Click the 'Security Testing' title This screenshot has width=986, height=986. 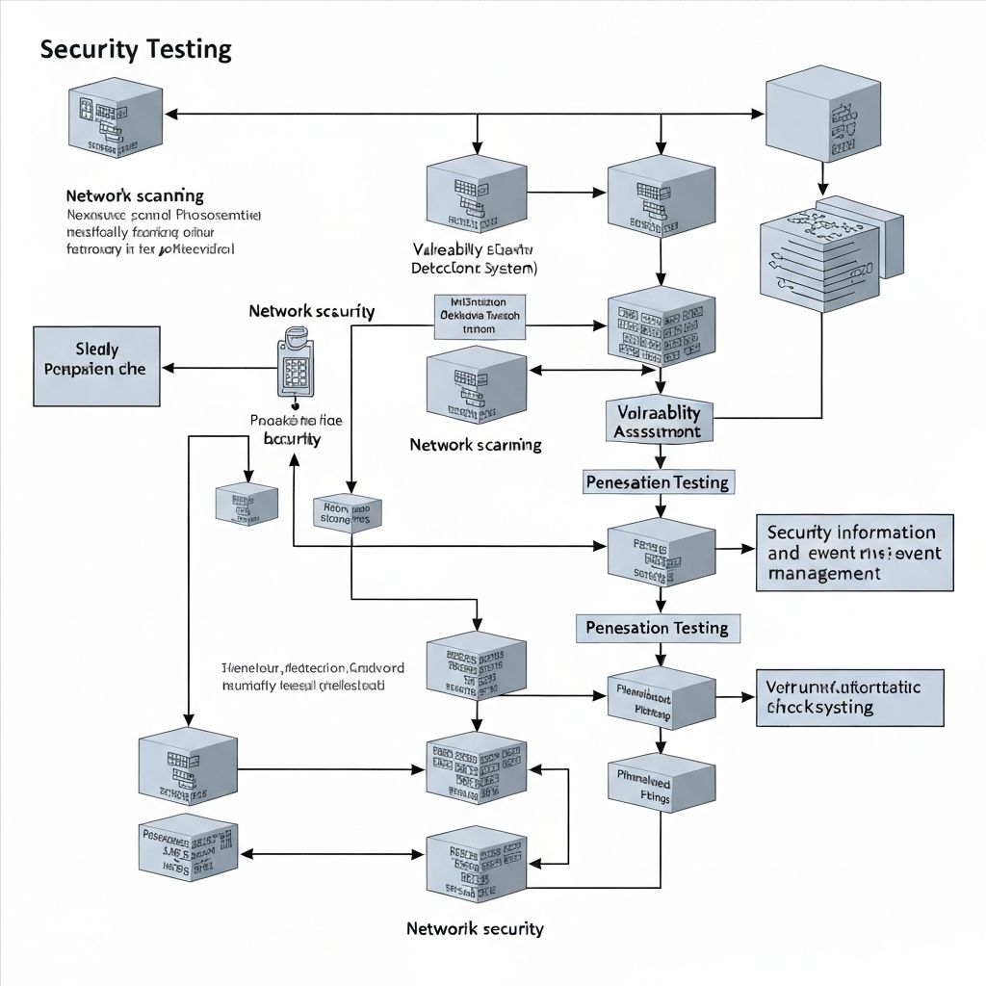136,50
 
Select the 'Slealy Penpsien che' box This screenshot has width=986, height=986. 96,367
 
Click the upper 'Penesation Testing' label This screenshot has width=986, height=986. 658,481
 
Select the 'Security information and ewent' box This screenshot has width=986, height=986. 854,553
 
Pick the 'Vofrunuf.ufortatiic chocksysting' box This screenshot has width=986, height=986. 850,698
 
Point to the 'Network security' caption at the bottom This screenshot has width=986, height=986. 475,929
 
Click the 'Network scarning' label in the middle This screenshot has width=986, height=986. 475,445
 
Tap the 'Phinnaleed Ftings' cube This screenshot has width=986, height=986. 661,784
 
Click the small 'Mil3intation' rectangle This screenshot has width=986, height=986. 480,316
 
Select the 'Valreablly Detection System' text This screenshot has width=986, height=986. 474,258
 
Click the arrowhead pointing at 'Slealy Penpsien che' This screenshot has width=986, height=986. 168,367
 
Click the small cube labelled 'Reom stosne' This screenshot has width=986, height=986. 347,513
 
